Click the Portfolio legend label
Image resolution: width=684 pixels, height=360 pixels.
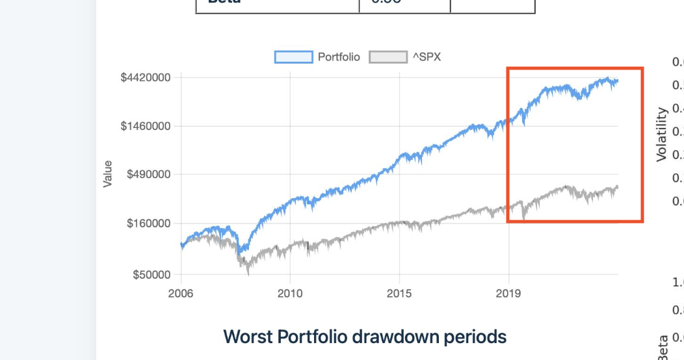[x=338, y=57]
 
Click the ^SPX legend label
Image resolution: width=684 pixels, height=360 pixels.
[x=427, y=57]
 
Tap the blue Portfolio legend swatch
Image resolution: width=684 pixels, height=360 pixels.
[x=293, y=57]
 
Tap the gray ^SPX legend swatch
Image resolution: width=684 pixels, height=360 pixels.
[x=388, y=57]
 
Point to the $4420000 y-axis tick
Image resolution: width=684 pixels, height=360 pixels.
[x=146, y=77]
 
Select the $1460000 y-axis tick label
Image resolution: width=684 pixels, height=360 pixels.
[x=146, y=126]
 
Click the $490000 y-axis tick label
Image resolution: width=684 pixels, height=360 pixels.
[x=149, y=174]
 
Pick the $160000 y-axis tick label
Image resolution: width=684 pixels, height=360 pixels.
[x=149, y=223]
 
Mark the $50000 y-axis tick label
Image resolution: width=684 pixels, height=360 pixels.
[x=151, y=275]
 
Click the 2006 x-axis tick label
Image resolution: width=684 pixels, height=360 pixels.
[x=181, y=293]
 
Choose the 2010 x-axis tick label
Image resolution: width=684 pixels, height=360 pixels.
[x=290, y=293]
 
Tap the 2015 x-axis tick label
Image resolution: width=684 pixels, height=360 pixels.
[x=399, y=293]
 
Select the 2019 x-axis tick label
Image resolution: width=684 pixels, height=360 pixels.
[x=508, y=293]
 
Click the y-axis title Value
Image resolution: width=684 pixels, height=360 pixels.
[x=108, y=174]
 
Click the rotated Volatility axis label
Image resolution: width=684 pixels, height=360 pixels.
[x=662, y=135]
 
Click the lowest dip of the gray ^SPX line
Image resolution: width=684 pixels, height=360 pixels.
[x=248, y=274]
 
